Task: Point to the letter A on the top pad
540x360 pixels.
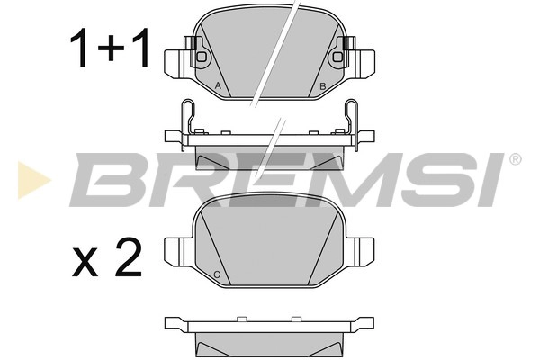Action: [x=219, y=85]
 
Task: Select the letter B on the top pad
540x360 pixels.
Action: [x=322, y=85]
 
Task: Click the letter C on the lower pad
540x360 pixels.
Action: [x=217, y=274]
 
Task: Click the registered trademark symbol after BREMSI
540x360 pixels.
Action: [x=515, y=159]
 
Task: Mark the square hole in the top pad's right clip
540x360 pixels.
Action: [x=337, y=57]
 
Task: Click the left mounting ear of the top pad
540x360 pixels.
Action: [x=175, y=62]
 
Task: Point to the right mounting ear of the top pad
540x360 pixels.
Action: [x=364, y=62]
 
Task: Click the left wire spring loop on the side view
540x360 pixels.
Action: [x=187, y=117]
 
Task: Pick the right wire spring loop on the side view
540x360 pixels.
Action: [x=352, y=117]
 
